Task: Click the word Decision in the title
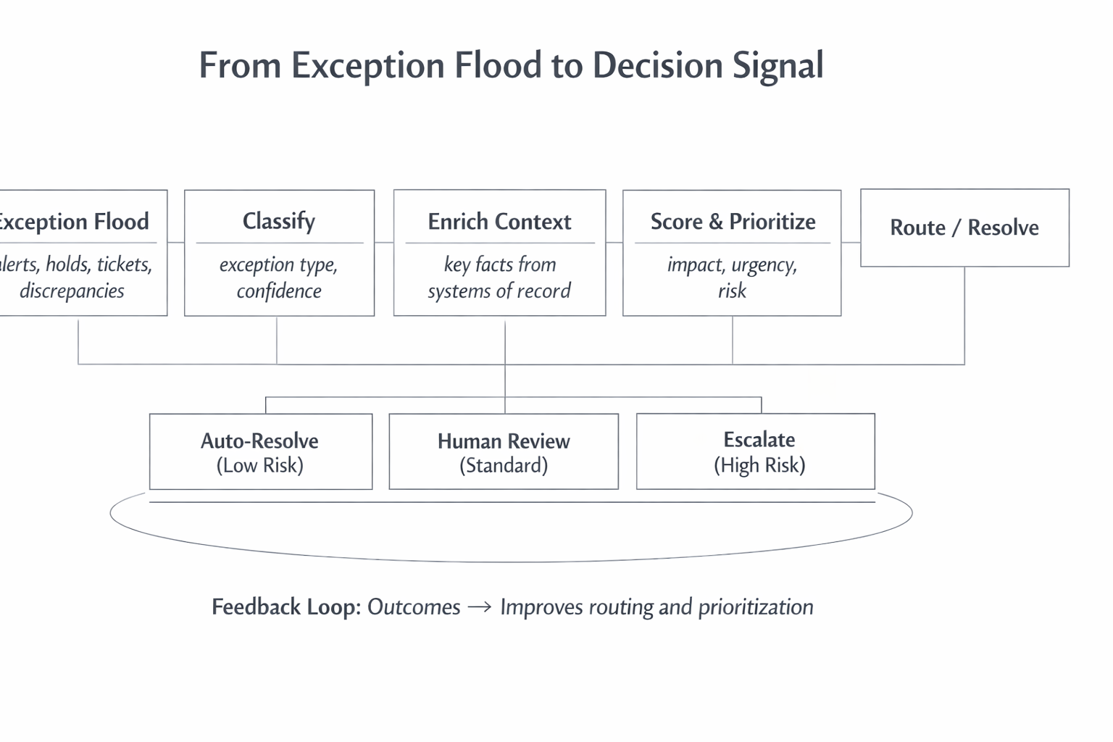(657, 66)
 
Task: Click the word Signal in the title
(778, 66)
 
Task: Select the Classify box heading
(279, 221)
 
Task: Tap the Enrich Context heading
(499, 222)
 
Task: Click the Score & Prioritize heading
(733, 222)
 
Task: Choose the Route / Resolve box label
(964, 228)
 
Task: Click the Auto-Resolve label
(259, 441)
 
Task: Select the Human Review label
(504, 441)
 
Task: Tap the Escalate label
(759, 440)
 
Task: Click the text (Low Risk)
(259, 465)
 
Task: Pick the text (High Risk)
(759, 465)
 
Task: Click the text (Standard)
(504, 465)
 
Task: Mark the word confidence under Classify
(279, 291)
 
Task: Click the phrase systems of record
(499, 291)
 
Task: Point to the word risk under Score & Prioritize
(732, 291)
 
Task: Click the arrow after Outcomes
(480, 607)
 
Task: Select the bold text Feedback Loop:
(285, 607)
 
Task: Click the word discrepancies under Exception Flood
(72, 291)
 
